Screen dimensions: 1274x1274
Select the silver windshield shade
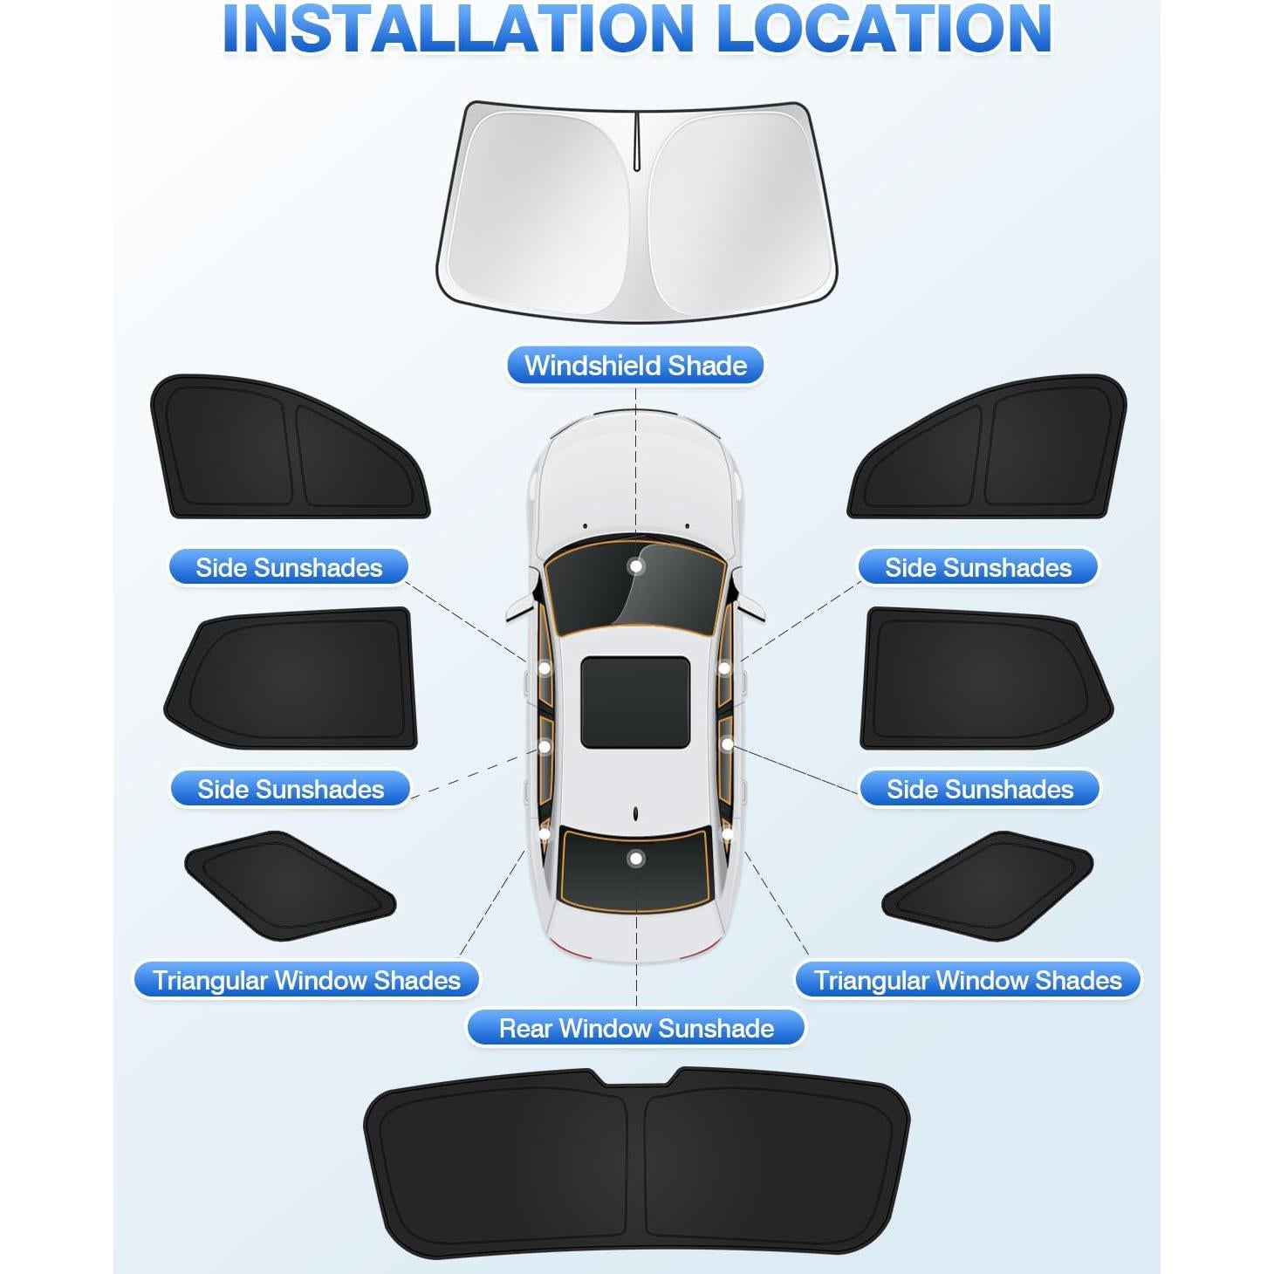point(636,209)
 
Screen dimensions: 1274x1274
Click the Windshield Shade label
point(635,365)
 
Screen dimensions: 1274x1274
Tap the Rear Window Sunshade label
point(635,1028)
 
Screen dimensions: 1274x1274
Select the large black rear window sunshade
point(636,1161)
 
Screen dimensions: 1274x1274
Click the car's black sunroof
point(635,702)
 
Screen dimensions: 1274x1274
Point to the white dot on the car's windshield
point(636,566)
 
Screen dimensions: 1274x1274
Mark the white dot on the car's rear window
point(636,859)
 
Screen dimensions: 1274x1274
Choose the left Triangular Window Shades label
point(306,980)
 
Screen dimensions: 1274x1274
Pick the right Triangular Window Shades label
point(967,980)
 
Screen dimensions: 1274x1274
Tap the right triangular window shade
point(989,885)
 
